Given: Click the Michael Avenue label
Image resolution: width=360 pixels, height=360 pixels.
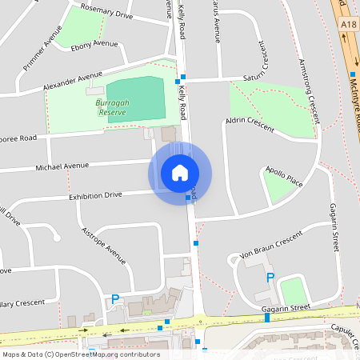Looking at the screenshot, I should (62, 167).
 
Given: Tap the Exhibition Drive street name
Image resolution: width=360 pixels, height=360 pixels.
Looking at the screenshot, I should (95, 194).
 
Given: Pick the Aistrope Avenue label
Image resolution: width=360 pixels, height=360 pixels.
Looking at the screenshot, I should (105, 244).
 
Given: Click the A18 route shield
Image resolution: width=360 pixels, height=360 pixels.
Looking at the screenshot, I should (347, 25).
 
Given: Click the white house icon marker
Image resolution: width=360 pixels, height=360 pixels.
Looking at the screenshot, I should (180, 173).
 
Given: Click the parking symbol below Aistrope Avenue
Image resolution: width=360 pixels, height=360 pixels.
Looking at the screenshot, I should (115, 299).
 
